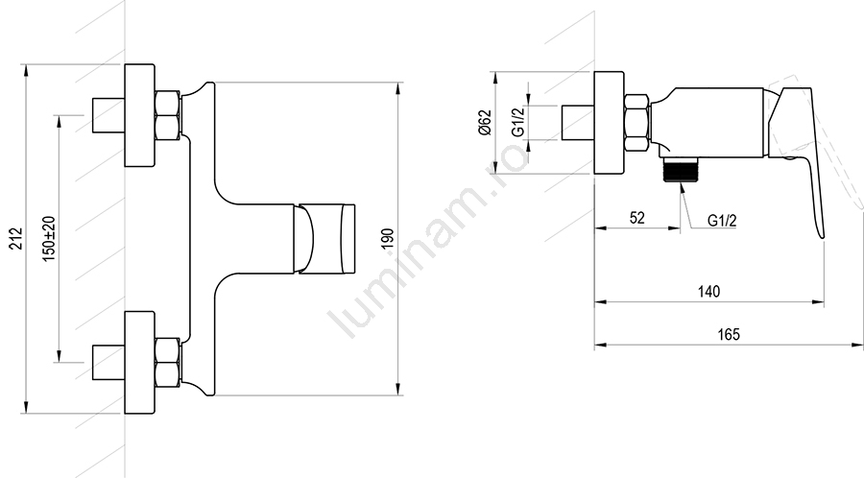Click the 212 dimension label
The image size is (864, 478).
coord(17,238)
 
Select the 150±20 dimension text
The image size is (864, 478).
coord(49,239)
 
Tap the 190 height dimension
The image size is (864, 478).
coord(388,238)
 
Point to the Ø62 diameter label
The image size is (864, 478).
coord(485,122)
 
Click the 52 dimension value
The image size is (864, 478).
coord(637,218)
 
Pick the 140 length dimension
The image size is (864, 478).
coord(709,292)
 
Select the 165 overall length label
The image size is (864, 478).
coord(729,334)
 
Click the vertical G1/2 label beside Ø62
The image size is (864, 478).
coord(518,122)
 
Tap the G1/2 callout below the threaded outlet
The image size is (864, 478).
coord(722,221)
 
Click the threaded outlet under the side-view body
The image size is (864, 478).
coord(681,169)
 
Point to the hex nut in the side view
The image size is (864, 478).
coord(636,122)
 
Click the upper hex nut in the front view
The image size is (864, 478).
coord(167,115)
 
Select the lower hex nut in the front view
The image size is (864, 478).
coord(167,363)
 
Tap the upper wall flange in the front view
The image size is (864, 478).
coord(140,115)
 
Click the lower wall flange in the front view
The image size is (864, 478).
coord(140,363)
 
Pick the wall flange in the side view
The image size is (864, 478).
coord(609,122)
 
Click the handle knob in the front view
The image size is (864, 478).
coord(324,239)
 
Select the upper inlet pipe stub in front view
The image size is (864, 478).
coord(108,115)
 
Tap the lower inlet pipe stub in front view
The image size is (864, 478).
coord(108,363)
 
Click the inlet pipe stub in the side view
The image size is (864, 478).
coord(578,122)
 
